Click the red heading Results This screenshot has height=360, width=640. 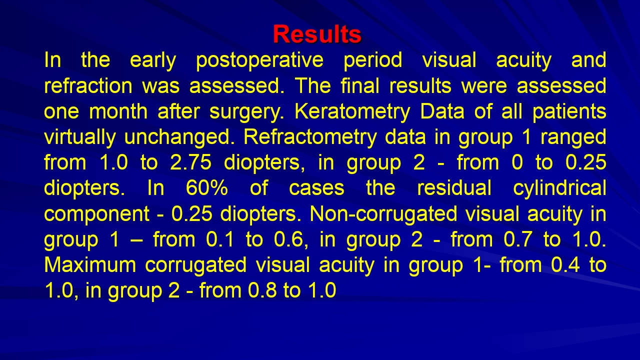pos(317,34)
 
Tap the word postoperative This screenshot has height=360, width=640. pos(259,60)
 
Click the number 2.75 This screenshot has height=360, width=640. pos(190,162)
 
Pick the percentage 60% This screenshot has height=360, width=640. pos(207,188)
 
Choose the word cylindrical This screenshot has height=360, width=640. pos(560,188)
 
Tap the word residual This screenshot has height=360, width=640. pos(454,188)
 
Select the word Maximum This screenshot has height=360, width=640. pos(90,265)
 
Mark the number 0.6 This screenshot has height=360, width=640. pos(288,239)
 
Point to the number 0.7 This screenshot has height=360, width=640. pos(517,239)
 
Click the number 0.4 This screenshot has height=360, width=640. pos(565,265)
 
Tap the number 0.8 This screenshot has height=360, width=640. pos(262,290)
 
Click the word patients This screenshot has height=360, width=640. pos(569,111)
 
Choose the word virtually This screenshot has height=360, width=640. pos(79,137)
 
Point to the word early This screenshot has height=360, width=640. pos(153,60)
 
